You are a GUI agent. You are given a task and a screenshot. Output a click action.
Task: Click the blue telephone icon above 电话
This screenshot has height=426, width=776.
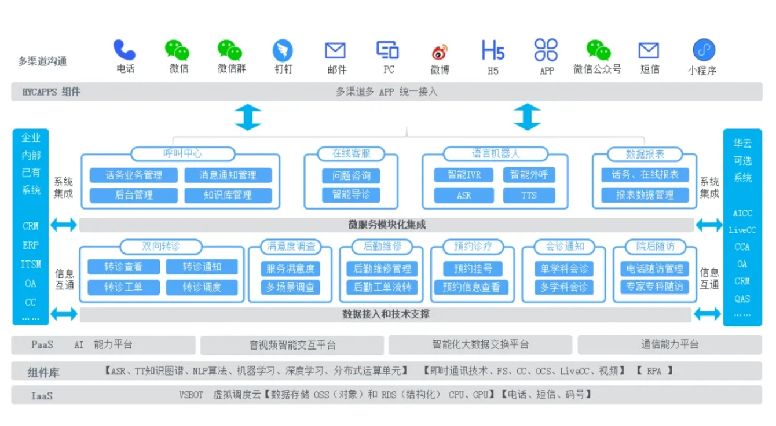coord(125,50)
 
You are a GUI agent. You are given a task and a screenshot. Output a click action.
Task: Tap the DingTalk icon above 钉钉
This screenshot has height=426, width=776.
coord(283,51)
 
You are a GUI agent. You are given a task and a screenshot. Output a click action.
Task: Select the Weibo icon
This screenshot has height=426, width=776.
coord(440,52)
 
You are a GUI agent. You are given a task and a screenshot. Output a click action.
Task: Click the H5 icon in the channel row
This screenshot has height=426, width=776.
coord(493,50)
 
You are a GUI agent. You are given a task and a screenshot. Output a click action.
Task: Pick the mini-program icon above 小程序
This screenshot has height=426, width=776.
coord(704,50)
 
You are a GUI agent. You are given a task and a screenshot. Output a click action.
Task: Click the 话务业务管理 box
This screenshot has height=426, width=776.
coord(134,175)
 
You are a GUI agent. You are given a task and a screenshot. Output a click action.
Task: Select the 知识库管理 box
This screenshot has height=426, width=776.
coord(228,195)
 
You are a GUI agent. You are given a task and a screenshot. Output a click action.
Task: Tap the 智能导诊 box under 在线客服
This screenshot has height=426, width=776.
coord(351,194)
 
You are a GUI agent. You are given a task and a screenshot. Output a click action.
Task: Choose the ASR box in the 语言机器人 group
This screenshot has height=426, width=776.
coord(464,195)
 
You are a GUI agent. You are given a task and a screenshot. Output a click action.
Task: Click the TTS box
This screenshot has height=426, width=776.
coord(529,195)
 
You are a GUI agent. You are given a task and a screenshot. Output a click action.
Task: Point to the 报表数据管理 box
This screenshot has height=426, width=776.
coord(645,195)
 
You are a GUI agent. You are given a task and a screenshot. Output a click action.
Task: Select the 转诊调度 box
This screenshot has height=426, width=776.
coord(202,287)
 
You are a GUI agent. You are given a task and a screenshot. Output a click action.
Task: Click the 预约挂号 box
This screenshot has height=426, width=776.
coord(472,269)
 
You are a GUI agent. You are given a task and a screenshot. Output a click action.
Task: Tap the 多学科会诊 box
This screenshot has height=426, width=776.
coord(563,287)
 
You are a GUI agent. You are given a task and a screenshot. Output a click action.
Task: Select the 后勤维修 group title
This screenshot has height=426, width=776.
coord(382,247)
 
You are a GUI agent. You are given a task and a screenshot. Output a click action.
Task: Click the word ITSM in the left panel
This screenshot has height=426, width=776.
coord(31,265)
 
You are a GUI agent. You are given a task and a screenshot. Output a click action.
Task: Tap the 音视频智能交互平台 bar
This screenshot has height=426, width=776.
coord(292,345)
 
